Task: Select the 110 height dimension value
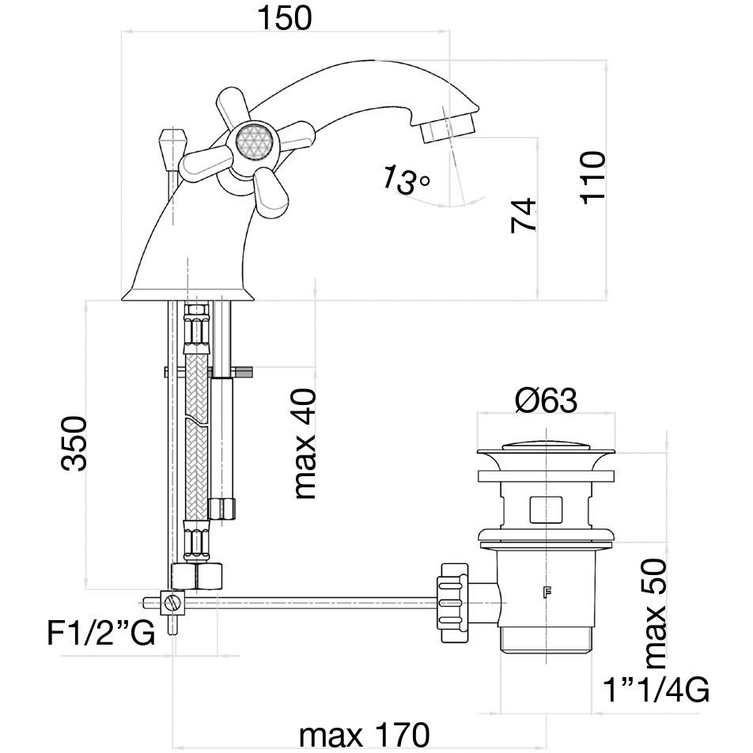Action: pyautogui.click(x=592, y=178)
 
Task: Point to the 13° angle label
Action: pyautogui.click(x=404, y=180)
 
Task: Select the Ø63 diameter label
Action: pyautogui.click(x=546, y=401)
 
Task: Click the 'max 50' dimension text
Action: pyautogui.click(x=656, y=611)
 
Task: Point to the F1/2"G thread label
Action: pyautogui.click(x=100, y=634)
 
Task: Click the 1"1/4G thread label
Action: pyautogui.click(x=656, y=690)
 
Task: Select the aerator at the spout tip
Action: pyautogui.click(x=447, y=127)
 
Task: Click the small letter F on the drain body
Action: pyautogui.click(x=545, y=591)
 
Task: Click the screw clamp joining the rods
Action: pyautogui.click(x=171, y=604)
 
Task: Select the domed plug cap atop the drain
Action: pyautogui.click(x=546, y=451)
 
